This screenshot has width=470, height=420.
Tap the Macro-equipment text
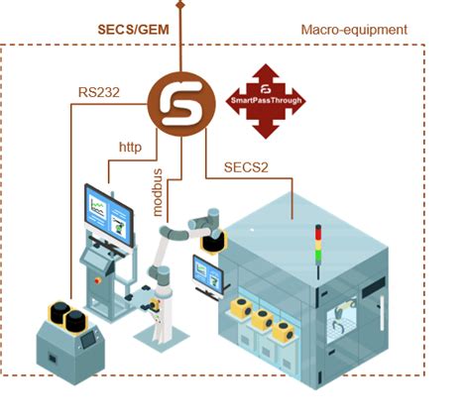[353, 30]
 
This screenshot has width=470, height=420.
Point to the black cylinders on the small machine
[60, 316]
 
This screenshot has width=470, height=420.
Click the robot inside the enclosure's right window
[345, 319]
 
